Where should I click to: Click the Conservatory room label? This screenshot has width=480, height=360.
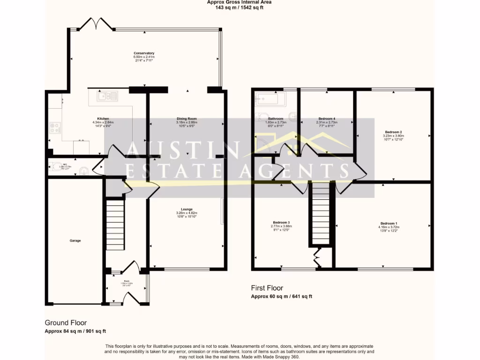pyautogui.click(x=143, y=53)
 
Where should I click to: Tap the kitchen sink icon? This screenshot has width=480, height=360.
pyautogui.click(x=107, y=97)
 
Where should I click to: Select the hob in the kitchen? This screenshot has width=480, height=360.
pyautogui.click(x=54, y=127)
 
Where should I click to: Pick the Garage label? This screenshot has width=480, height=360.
pyautogui.click(x=75, y=240)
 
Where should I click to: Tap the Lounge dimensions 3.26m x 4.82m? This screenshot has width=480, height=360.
pyautogui.click(x=187, y=213)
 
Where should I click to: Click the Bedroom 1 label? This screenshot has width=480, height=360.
pyautogui.click(x=389, y=223)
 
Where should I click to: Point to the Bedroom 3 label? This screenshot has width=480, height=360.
pyautogui.click(x=281, y=222)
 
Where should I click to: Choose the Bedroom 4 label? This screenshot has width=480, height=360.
pyautogui.click(x=327, y=119)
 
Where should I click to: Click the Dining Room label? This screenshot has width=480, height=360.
pyautogui.click(x=186, y=119)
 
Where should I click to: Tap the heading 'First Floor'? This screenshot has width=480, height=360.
pyautogui.click(x=267, y=288)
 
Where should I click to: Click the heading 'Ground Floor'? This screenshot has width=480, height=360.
pyautogui.click(x=66, y=322)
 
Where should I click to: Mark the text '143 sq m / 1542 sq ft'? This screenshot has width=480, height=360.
pyautogui.click(x=240, y=7)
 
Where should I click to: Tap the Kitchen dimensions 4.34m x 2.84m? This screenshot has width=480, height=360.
pyautogui.click(x=103, y=123)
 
